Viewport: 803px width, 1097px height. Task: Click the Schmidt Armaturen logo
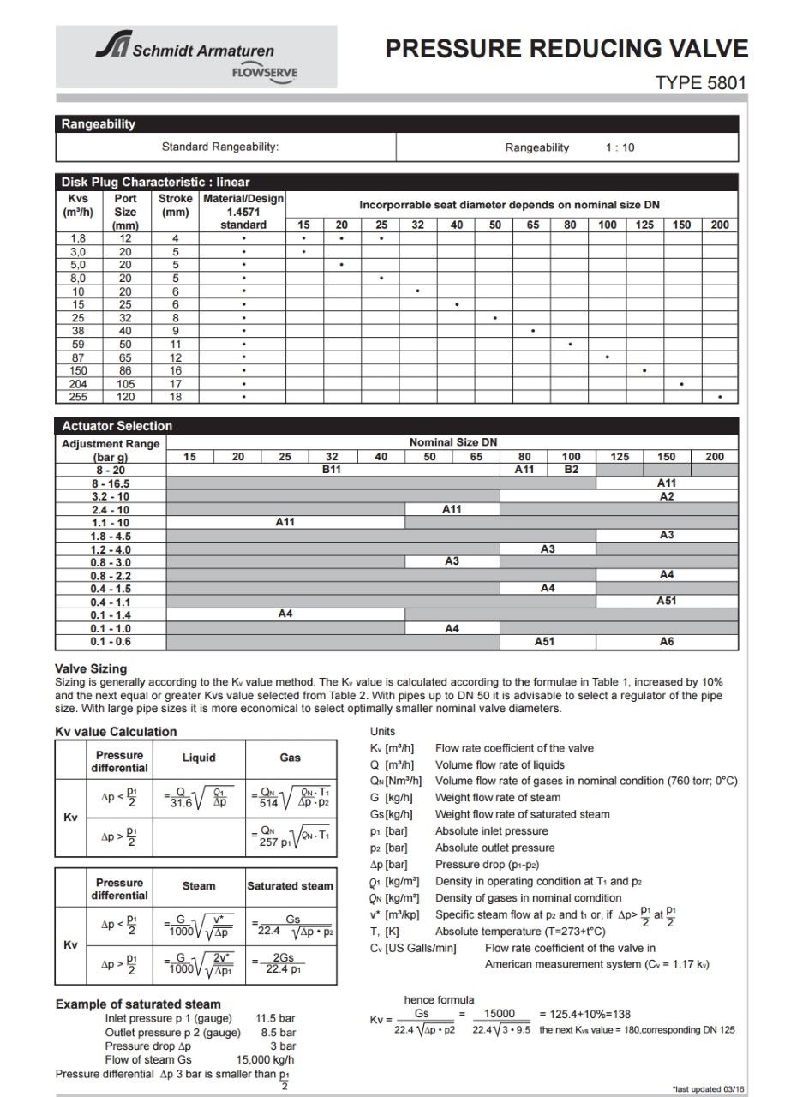tap(195, 57)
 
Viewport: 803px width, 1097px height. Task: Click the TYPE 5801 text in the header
tap(701, 84)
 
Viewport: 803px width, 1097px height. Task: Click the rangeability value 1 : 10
tap(620, 147)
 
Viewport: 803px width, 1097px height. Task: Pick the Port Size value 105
tap(125, 385)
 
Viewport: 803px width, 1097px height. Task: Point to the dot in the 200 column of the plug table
tap(720, 398)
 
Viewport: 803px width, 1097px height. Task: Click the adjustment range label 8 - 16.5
tap(111, 483)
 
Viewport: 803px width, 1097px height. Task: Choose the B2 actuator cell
tap(571, 470)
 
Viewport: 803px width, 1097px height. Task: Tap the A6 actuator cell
tap(666, 641)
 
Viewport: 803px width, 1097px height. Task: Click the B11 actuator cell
tap(333, 470)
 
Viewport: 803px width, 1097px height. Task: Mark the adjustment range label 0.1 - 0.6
tap(111, 641)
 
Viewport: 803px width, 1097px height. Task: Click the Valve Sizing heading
tap(91, 668)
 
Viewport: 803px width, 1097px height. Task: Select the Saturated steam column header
tap(290, 885)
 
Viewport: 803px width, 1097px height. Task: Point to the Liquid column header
tap(199, 758)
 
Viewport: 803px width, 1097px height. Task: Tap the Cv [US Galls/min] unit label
tap(413, 948)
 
